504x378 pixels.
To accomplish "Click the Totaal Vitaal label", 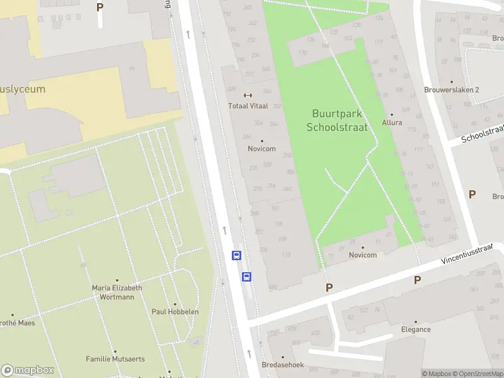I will coord(248,106).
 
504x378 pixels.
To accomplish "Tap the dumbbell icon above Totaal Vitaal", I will coord(248,96).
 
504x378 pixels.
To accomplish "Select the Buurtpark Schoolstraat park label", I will coord(336,120).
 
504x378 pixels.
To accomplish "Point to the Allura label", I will coord(392,122).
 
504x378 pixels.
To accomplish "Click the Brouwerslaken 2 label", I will coord(452,89).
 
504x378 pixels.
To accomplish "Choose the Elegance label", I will coord(416,329).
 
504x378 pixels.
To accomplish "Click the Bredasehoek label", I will coord(283,365).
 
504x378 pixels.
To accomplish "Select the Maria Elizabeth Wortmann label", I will coord(117,292).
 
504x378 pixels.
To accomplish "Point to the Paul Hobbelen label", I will coord(175,311).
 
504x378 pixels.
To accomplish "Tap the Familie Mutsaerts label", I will coord(115,359).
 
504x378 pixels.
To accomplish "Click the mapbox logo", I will coord(28,370).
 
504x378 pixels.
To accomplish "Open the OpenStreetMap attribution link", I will coord(478,374).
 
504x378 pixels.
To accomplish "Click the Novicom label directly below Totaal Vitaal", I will coord(261,149).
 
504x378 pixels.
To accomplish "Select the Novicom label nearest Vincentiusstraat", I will coord(363,255).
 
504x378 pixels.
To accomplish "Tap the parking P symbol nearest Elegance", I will coord(417,280).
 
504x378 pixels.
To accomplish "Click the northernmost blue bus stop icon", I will coord(236,255).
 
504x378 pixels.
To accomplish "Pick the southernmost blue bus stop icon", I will coord(247,277).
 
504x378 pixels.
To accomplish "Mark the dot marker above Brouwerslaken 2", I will coord(452,81).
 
